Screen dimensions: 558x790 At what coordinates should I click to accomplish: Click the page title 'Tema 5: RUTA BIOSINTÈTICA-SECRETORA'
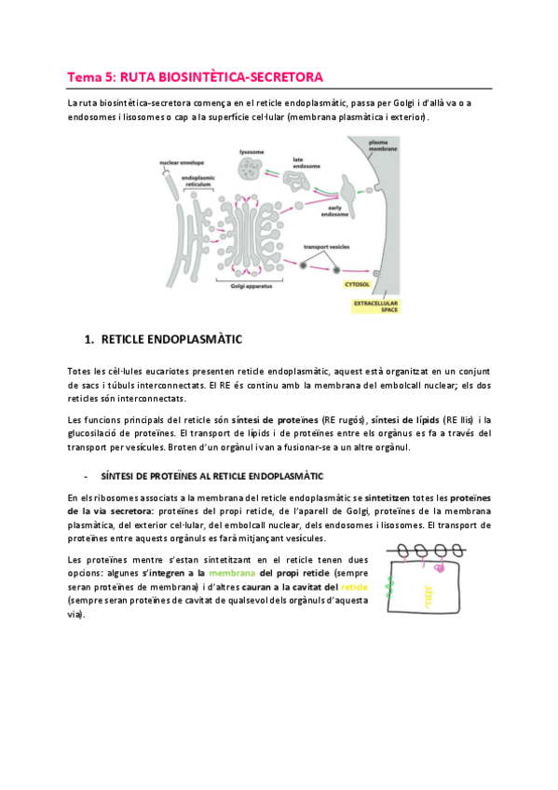click(x=195, y=77)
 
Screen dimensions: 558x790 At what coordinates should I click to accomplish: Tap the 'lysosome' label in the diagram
click(x=252, y=152)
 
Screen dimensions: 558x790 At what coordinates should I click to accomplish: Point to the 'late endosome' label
click(x=306, y=163)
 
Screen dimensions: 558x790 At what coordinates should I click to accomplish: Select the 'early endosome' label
click(x=335, y=211)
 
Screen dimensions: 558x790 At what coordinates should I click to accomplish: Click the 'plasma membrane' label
click(x=383, y=145)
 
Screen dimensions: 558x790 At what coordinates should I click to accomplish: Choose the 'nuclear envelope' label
click(x=182, y=163)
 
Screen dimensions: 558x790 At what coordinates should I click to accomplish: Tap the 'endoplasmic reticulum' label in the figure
click(x=197, y=181)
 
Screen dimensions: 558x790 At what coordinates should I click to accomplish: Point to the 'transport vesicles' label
click(x=326, y=247)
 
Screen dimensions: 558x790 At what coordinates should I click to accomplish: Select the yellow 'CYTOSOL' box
click(x=357, y=284)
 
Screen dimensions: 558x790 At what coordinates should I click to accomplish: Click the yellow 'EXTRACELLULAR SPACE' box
click(x=375, y=306)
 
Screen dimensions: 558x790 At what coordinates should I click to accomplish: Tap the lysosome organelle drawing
click(x=251, y=169)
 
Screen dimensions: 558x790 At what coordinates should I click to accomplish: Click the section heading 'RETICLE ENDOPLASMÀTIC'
click(x=171, y=340)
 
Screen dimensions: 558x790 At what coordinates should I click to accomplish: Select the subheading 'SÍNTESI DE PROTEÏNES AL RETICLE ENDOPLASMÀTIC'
click(x=212, y=476)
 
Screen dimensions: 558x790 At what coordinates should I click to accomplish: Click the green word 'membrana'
click(x=232, y=573)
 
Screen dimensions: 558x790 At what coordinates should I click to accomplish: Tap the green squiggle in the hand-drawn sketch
click(x=389, y=587)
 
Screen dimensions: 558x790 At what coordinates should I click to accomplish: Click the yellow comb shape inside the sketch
click(x=429, y=595)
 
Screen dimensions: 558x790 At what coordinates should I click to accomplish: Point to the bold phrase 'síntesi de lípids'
click(x=405, y=419)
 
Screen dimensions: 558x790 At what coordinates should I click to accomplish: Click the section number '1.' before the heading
click(x=89, y=340)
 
